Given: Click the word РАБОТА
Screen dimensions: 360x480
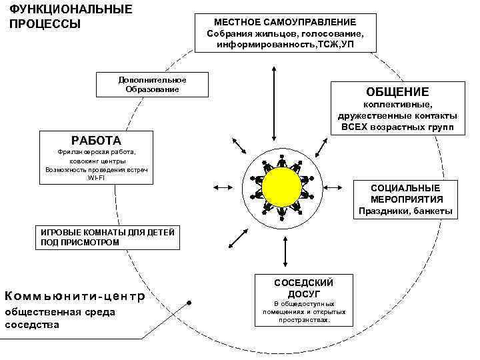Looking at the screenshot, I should click(x=96, y=141).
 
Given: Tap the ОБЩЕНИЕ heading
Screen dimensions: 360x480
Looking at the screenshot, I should click(x=397, y=91).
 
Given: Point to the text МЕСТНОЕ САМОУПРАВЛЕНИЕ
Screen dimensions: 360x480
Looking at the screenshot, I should click(x=285, y=22).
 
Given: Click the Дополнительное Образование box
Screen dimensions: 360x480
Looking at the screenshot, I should click(x=152, y=85).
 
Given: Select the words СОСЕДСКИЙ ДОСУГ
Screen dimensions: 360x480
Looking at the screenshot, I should click(x=304, y=288).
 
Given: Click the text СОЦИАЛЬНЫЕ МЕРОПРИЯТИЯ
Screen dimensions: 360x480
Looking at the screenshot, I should click(x=405, y=193).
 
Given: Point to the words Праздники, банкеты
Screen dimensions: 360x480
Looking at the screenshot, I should click(x=405, y=211).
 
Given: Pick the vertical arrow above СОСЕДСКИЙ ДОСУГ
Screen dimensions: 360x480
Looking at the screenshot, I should click(x=285, y=251).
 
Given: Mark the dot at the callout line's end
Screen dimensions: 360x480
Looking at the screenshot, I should click(x=190, y=303).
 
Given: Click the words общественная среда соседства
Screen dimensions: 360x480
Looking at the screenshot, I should click(x=60, y=318).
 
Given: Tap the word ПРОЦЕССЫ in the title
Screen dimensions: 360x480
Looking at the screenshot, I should click(x=45, y=24).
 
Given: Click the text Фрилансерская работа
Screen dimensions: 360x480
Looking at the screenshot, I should click(x=96, y=153).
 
